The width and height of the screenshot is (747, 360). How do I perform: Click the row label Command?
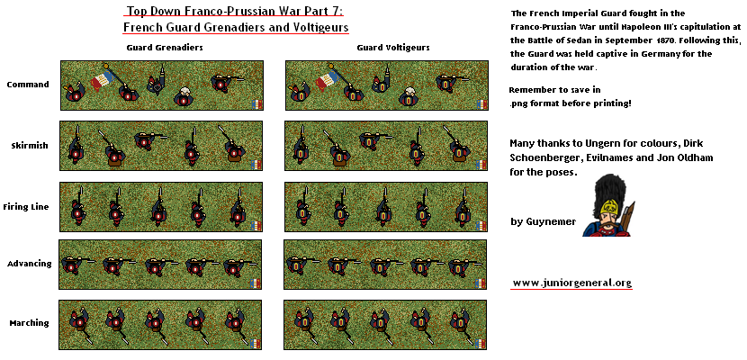(x=28, y=85)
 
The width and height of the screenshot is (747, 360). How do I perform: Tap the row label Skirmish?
(x=29, y=146)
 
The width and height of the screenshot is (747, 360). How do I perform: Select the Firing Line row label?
(x=26, y=207)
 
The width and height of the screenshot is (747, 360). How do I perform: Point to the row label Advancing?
(x=29, y=264)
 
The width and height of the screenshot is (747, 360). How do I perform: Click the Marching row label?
(x=29, y=323)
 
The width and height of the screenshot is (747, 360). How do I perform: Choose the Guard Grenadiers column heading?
(x=165, y=48)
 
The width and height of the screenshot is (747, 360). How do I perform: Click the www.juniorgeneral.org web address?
(x=571, y=283)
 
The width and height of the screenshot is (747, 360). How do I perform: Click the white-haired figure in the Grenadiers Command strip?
(x=183, y=95)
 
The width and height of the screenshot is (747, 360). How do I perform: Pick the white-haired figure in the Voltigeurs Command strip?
(x=408, y=95)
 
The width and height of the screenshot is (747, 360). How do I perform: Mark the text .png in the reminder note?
(x=518, y=103)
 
